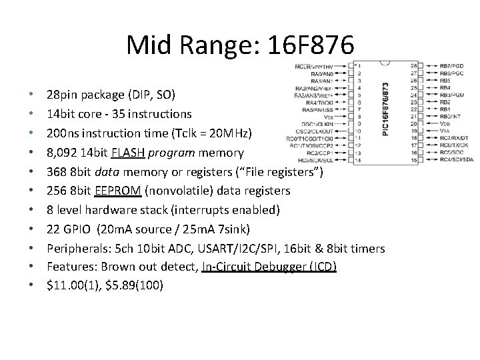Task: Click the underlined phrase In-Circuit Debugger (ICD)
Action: point(273,267)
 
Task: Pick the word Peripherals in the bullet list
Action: point(75,248)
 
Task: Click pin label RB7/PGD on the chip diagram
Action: point(451,66)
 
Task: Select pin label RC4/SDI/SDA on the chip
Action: point(457,159)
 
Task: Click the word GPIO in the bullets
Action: point(75,229)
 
